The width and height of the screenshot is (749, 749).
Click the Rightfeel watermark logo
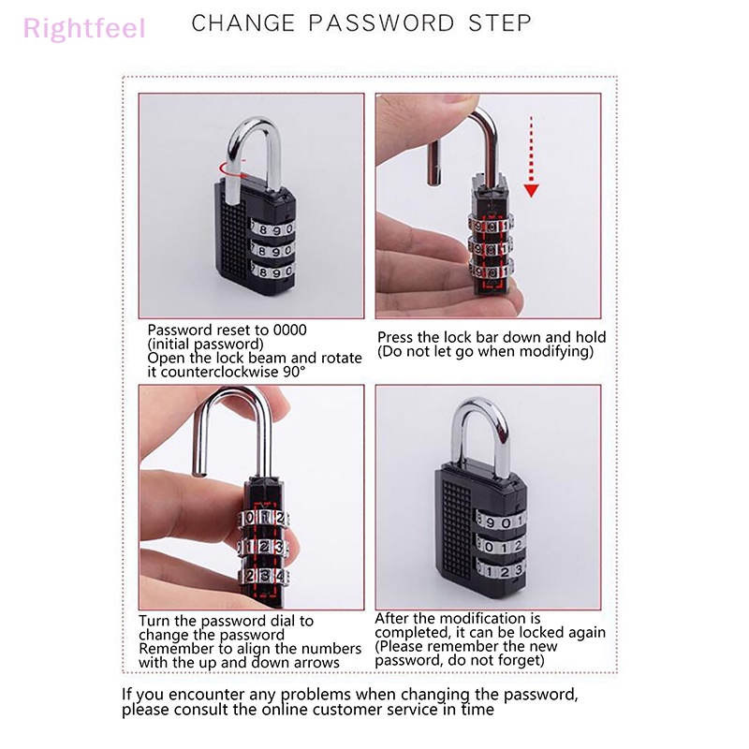(x=84, y=28)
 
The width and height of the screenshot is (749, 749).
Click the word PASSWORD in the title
(x=381, y=22)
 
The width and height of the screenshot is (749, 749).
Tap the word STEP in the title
(x=500, y=22)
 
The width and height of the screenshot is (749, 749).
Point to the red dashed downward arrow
(x=531, y=156)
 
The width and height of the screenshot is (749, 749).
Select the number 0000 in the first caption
(x=289, y=330)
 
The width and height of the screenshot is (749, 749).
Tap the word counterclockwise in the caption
(x=220, y=372)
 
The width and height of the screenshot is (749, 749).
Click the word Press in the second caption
(x=395, y=337)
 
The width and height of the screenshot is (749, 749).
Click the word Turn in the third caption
(x=154, y=621)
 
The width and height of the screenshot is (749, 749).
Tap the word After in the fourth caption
(x=392, y=618)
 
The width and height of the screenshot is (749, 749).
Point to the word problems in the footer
(x=316, y=695)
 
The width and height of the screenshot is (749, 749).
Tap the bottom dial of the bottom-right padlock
(x=499, y=570)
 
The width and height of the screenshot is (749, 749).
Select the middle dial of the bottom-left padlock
(x=264, y=546)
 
